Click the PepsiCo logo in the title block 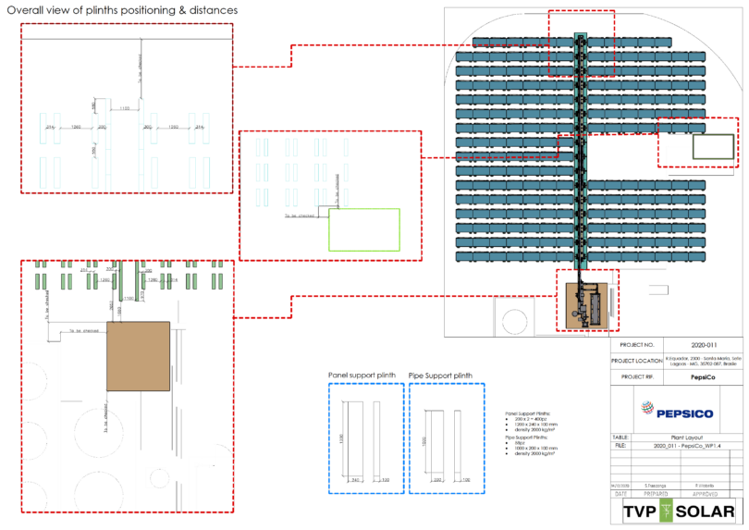tap(672, 408)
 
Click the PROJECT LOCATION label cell tap(644, 360)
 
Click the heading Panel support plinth tap(362, 375)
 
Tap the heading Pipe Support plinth tap(440, 375)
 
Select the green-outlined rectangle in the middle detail tap(364, 229)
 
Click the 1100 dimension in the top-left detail tap(124, 109)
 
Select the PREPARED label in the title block tap(648, 494)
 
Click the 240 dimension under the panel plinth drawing tap(356, 480)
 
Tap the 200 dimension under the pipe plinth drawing tap(436, 480)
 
